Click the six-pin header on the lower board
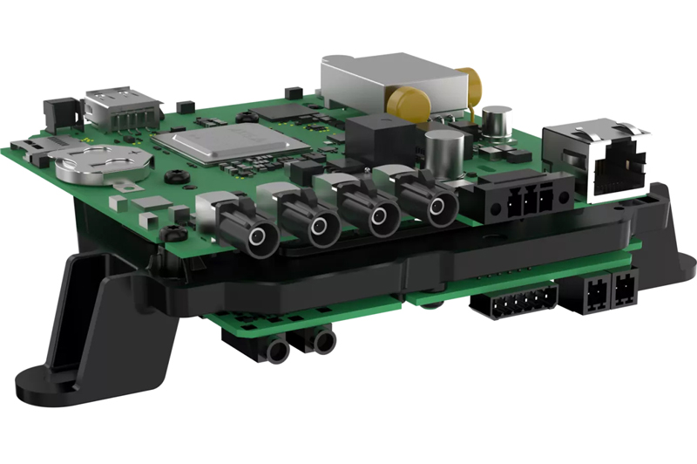[x=514, y=301]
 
